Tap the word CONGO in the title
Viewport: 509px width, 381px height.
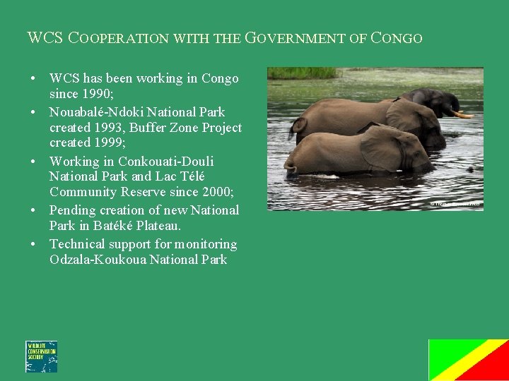click(x=397, y=38)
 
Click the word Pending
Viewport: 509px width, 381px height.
click(x=72, y=210)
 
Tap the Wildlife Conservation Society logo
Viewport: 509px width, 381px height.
click(x=41, y=356)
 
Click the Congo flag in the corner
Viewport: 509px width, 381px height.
click(x=469, y=360)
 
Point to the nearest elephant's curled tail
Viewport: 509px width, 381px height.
click(x=289, y=164)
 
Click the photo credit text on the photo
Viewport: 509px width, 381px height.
click(x=455, y=204)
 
